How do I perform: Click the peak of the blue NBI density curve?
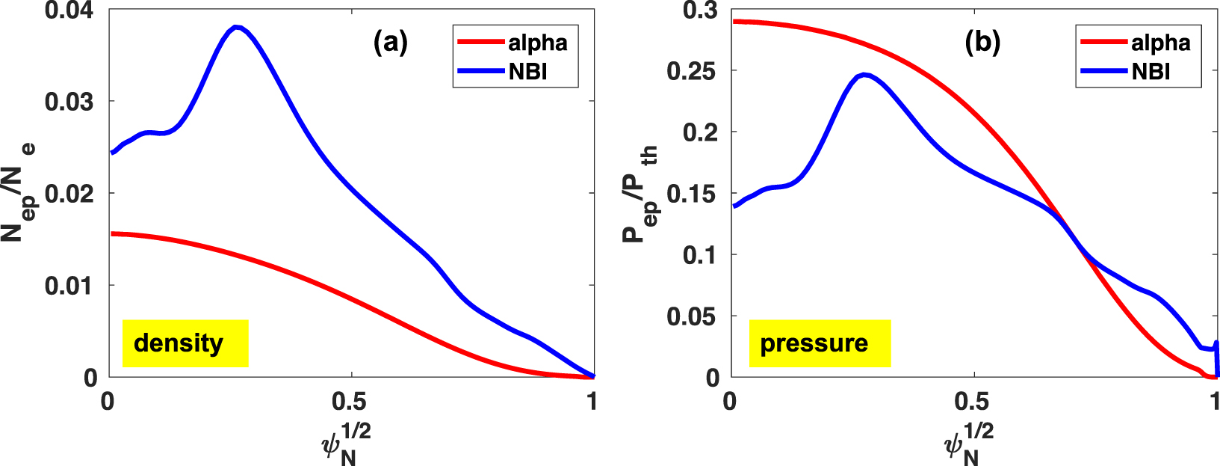pyautogui.click(x=237, y=28)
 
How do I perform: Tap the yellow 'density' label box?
pyautogui.click(x=185, y=343)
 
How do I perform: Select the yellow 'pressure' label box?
pyautogui.click(x=820, y=343)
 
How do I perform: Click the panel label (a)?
pyautogui.click(x=390, y=43)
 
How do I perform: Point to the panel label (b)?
pyautogui.click(x=982, y=43)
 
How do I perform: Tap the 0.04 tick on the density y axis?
pyautogui.click(x=69, y=10)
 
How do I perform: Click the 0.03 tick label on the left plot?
pyautogui.click(x=69, y=102)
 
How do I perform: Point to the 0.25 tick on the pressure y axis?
pyautogui.click(x=692, y=71)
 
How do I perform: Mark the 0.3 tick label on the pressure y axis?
pyautogui.click(x=700, y=10)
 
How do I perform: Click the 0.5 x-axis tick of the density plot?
pyautogui.click(x=350, y=402)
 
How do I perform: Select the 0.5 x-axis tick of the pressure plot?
pyautogui.click(x=973, y=402)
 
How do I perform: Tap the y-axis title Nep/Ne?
pyautogui.click(x=19, y=192)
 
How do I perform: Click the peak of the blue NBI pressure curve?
pyautogui.click(x=864, y=75)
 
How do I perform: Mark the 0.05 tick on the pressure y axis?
pyautogui.click(x=692, y=316)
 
